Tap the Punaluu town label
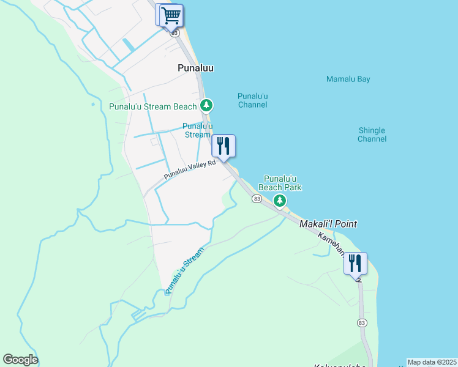click(x=195, y=69)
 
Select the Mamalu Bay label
click(x=348, y=79)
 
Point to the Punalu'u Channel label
click(x=252, y=100)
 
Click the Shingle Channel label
click(x=372, y=135)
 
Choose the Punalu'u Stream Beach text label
click(x=152, y=106)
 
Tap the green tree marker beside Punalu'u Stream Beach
click(x=207, y=106)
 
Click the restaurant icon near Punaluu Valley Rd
click(x=223, y=146)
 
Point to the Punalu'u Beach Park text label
click(x=280, y=182)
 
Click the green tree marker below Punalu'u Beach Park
click(x=280, y=200)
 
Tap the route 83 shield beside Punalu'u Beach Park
click(x=257, y=199)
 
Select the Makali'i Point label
click(x=328, y=224)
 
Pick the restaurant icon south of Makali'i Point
click(x=355, y=263)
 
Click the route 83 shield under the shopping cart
click(x=175, y=32)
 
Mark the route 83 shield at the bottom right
click(x=362, y=322)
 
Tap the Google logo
click(x=20, y=360)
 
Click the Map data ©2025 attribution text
click(x=432, y=362)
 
